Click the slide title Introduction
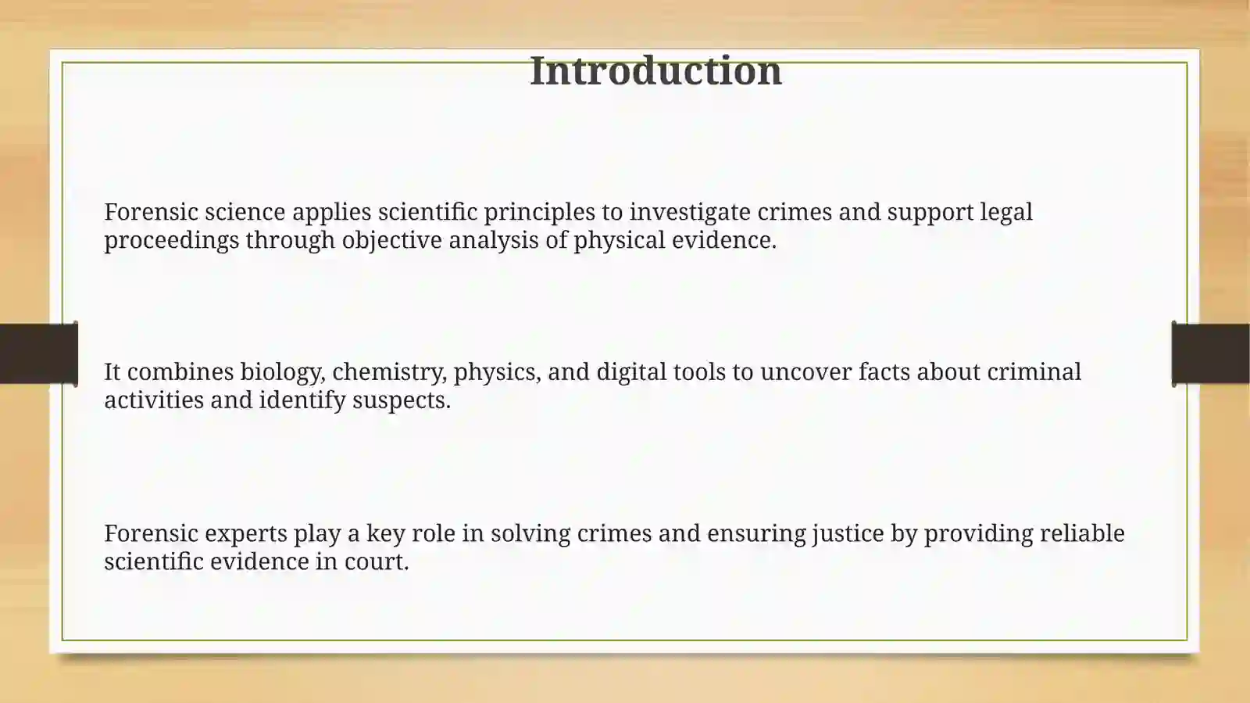point(655,71)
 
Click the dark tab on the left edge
point(38,353)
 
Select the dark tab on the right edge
point(1211,353)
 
